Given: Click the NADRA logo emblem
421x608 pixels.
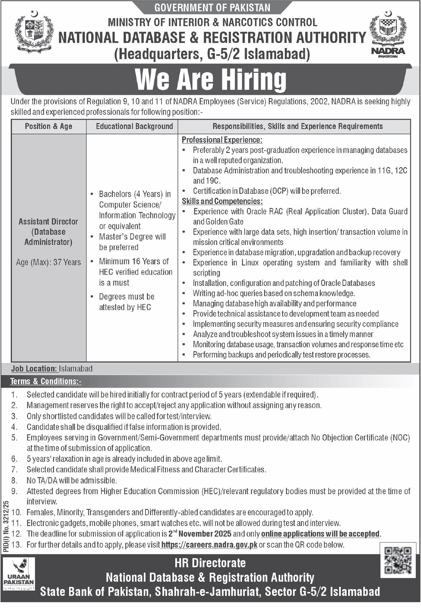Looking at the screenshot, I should (388, 33).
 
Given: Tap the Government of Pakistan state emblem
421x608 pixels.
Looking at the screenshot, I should (34, 32).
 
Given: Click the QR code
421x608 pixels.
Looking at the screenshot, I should (398, 560).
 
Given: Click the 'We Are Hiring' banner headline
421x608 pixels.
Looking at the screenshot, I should (211, 79).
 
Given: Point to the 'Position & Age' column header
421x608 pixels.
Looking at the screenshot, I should (48, 126).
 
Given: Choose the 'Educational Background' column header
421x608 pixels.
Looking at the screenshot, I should (134, 126).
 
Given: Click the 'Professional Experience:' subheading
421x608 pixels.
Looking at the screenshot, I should (222, 140).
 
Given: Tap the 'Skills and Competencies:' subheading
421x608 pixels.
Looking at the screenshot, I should (222, 201).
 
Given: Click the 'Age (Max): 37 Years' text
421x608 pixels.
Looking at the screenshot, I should (48, 262).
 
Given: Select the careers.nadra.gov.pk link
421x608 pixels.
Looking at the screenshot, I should (209, 545).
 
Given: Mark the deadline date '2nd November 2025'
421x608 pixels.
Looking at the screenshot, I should (200, 533).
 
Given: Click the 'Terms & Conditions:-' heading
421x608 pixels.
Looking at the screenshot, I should (46, 381).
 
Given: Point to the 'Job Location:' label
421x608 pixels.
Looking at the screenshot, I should (34, 369).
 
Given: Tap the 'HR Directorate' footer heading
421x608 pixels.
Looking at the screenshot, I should (210, 563).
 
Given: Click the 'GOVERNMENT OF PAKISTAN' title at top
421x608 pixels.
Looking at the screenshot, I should (212, 8).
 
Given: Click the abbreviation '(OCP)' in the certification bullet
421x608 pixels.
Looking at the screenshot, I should (279, 191).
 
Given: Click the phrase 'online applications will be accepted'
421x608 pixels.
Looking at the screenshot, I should (320, 534).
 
